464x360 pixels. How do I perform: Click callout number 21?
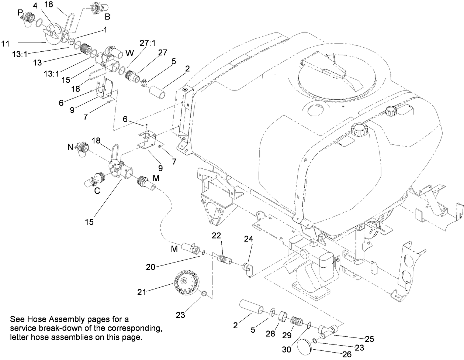pos(142,292)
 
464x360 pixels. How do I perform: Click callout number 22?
pos(216,236)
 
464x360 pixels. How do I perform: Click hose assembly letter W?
pos(129,53)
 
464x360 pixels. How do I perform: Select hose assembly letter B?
pos(107,17)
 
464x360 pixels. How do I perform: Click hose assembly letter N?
pos(70,147)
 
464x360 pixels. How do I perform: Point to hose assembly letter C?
pos(97,191)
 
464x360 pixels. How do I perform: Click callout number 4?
pos(35,6)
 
